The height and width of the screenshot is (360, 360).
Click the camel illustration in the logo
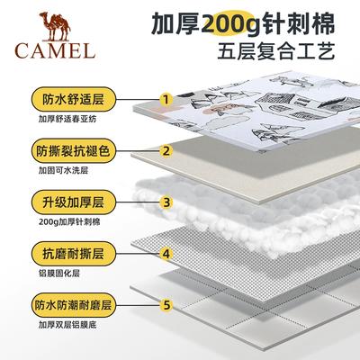[x=55, y=26]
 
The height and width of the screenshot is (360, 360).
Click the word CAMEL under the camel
[x=55, y=50]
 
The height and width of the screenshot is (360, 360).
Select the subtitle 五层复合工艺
[x=275, y=51]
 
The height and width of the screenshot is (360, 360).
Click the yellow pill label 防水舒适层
[x=73, y=99]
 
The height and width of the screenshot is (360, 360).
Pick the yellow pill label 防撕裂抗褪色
[x=73, y=151]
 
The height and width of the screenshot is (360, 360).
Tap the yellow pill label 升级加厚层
[x=73, y=202]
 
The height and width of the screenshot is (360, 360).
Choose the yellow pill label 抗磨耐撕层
[x=73, y=254]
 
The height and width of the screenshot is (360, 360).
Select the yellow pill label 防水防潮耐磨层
[x=73, y=305]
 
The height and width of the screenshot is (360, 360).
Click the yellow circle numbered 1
[x=166, y=99]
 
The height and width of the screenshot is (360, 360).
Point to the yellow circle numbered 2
[x=166, y=151]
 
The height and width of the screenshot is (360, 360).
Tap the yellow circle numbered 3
[x=166, y=202]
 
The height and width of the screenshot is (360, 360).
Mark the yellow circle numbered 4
[x=166, y=254]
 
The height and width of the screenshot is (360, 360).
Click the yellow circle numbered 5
[x=166, y=305]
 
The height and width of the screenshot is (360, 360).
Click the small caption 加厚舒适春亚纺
[x=67, y=119]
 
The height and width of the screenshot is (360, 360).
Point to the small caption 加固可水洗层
[x=63, y=171]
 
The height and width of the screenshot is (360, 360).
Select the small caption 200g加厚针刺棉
[x=69, y=222]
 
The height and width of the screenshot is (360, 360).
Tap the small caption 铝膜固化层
[x=59, y=274]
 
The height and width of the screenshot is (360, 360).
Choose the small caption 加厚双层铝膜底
[x=67, y=325]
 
